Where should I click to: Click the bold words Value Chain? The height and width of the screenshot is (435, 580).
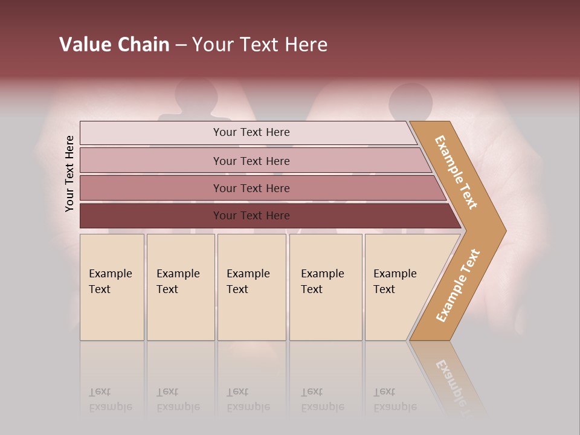point(114,45)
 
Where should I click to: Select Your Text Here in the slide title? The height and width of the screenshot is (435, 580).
point(260,45)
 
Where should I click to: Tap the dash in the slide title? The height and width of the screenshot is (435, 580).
point(181,45)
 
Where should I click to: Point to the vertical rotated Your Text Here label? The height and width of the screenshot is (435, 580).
point(69,173)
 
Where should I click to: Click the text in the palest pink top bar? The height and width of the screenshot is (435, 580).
point(251,132)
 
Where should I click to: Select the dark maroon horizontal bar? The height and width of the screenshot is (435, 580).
point(266,216)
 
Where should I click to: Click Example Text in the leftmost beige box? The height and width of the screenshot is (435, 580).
point(110,282)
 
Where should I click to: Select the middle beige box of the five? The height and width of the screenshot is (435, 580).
point(251,287)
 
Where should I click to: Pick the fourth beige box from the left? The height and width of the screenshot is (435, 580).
point(326,287)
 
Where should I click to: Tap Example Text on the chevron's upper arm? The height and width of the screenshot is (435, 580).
point(456,172)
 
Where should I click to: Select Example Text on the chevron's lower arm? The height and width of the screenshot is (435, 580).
point(458,286)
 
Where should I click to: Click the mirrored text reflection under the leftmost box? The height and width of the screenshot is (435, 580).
point(110,399)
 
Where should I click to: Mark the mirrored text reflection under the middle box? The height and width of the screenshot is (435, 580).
point(248,399)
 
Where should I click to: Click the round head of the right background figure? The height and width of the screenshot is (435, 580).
point(411,98)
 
